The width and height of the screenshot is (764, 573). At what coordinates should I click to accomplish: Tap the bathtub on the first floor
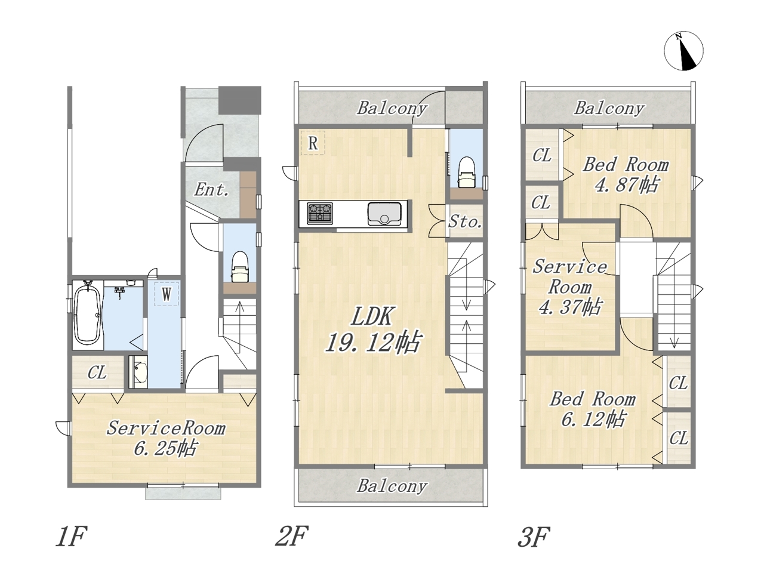click(x=88, y=316)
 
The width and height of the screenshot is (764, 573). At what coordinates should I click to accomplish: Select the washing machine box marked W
click(x=167, y=294)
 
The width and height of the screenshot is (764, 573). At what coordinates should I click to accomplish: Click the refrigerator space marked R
click(x=313, y=143)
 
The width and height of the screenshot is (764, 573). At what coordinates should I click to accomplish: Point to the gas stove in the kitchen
click(x=319, y=213)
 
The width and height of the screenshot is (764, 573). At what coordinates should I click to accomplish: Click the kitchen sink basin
click(x=384, y=214)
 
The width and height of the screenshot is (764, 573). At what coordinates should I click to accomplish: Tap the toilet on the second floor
click(x=466, y=172)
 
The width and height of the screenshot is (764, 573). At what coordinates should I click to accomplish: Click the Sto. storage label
click(x=465, y=221)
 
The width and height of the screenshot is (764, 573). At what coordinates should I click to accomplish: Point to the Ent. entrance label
click(x=212, y=190)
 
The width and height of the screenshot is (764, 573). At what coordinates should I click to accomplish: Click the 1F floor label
click(x=71, y=536)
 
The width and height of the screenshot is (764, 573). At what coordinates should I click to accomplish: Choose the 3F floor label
click(x=534, y=536)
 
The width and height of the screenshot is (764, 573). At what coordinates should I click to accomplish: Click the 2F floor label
click(x=292, y=536)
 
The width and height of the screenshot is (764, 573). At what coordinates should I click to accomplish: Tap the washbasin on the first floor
click(x=138, y=372)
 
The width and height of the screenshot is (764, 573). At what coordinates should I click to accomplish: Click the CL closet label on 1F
click(x=97, y=372)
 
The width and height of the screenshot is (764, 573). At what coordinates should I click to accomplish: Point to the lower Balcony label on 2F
click(x=392, y=486)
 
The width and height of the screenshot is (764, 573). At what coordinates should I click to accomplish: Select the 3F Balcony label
click(x=609, y=108)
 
